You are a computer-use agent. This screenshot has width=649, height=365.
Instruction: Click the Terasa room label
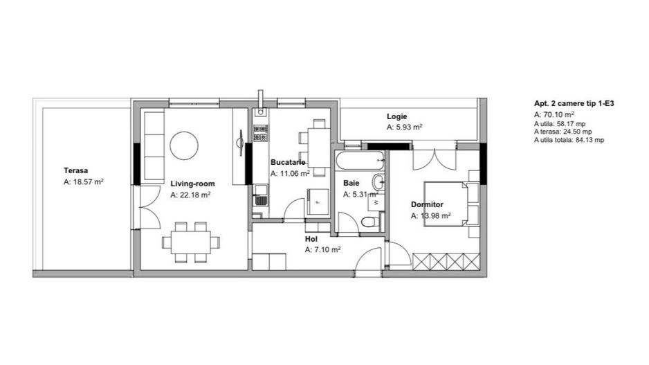(x=75, y=170)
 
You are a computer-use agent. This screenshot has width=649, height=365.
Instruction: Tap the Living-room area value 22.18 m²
(x=190, y=195)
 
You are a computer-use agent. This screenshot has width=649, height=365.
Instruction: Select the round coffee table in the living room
(x=184, y=145)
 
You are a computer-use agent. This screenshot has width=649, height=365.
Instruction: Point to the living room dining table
(x=191, y=242)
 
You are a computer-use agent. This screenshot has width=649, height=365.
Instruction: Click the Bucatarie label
(x=288, y=162)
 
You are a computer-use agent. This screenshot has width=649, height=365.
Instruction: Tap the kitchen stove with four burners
(x=260, y=133)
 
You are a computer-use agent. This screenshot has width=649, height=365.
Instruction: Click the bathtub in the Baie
(x=360, y=160)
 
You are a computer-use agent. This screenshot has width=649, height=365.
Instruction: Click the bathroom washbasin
(x=378, y=181)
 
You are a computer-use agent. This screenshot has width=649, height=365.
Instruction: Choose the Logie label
(x=397, y=116)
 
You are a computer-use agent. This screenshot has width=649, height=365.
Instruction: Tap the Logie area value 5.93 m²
(x=404, y=127)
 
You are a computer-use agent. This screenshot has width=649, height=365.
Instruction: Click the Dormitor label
(x=427, y=204)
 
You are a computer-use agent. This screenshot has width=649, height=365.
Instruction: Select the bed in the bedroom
(x=450, y=204)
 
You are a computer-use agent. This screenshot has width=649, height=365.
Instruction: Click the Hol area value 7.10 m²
(x=323, y=250)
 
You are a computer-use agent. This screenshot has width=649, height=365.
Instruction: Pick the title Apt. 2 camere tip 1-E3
(x=574, y=104)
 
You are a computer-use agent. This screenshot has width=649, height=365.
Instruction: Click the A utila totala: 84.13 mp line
(x=569, y=140)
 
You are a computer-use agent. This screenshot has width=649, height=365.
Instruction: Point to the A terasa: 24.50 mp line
(x=563, y=132)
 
